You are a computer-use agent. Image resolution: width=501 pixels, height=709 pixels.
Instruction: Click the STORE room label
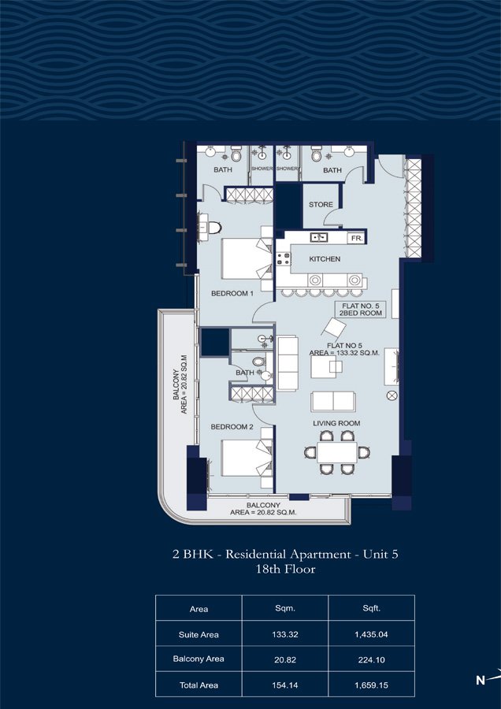pos(321,205)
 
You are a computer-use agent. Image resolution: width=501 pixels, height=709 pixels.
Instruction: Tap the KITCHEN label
pos(325,259)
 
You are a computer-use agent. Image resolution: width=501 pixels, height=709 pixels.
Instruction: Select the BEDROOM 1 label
pos(232,294)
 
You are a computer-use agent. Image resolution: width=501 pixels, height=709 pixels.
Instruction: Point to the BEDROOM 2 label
pos(232,427)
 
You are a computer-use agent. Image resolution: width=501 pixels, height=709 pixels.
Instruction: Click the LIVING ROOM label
pos(336,423)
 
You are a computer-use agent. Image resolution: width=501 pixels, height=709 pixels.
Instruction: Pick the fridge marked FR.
pos(356,238)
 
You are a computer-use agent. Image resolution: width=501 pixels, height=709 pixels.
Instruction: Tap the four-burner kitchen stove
pos(284,258)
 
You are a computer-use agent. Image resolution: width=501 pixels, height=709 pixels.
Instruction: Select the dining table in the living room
pos(337,452)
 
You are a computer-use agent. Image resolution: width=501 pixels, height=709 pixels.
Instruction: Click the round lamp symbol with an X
pos(392,396)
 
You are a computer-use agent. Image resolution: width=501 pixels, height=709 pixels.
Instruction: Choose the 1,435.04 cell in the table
pos(371,634)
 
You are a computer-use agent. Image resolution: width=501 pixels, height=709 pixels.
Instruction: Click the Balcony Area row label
pos(199,659)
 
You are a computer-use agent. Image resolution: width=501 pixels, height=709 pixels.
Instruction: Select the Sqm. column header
pos(285,609)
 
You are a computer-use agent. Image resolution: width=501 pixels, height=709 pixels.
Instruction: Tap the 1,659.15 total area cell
pos(371,685)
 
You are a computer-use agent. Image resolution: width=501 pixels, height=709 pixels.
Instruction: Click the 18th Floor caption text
pos(285,570)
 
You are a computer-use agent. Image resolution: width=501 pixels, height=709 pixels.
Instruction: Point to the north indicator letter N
pos(481,680)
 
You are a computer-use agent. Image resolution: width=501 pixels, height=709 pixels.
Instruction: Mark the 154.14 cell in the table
pos(285,685)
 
